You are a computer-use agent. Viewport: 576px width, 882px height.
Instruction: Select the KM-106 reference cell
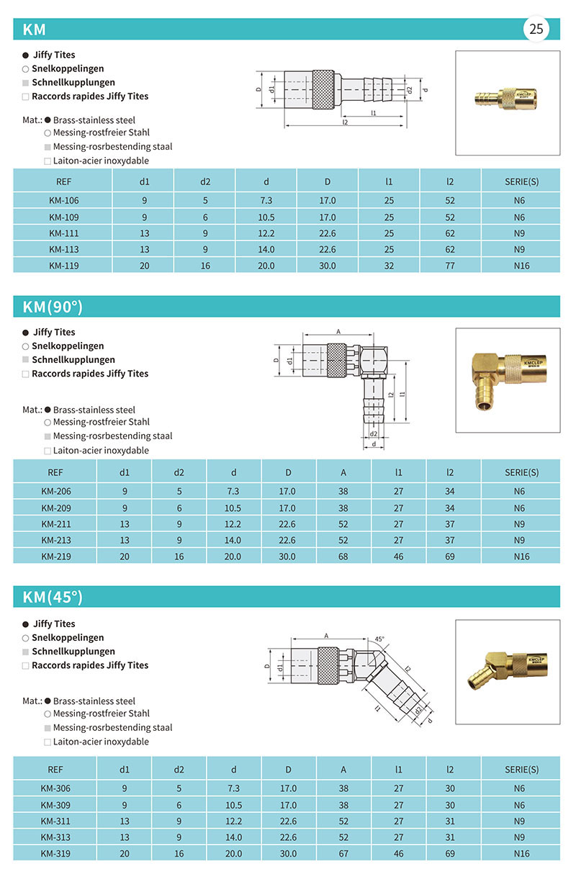(x=64, y=200)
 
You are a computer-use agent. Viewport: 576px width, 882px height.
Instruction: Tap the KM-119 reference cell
(x=64, y=265)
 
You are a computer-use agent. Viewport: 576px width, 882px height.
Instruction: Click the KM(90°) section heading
(x=53, y=307)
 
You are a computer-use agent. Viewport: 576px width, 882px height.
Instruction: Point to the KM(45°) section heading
(x=53, y=597)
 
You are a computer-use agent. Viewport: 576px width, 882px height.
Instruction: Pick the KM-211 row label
(x=55, y=524)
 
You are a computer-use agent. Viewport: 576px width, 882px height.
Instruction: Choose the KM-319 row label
(x=55, y=852)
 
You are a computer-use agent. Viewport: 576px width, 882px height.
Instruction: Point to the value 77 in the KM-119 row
(x=450, y=265)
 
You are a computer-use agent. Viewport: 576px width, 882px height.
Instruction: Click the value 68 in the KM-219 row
(x=343, y=557)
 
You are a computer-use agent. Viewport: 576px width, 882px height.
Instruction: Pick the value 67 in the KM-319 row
(x=343, y=852)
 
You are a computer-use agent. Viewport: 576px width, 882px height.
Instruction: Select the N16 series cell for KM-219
(x=521, y=557)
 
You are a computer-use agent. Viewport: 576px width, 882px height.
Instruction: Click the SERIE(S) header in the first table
(x=521, y=181)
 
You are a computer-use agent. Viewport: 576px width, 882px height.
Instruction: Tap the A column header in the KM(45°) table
(x=343, y=769)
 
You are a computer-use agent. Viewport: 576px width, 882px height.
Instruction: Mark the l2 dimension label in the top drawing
(x=346, y=122)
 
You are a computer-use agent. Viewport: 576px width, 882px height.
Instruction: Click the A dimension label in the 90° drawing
(x=338, y=331)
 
